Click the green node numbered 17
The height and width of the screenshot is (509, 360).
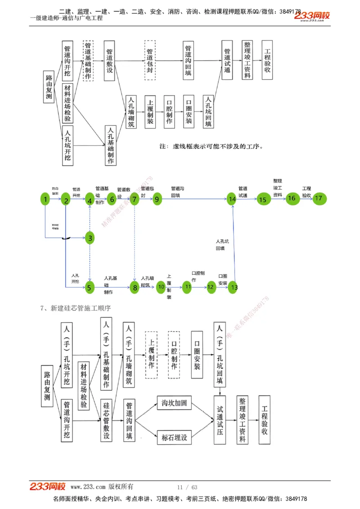click(319, 198)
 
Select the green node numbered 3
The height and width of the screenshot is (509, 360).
click(90, 238)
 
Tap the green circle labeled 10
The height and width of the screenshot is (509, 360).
click(161, 287)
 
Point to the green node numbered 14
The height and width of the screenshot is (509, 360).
click(232, 199)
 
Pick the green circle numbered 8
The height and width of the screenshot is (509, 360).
click(134, 288)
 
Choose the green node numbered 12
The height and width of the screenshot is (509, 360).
click(211, 287)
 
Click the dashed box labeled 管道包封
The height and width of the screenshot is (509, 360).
click(150, 60)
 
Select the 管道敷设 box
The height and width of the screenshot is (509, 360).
click(109, 60)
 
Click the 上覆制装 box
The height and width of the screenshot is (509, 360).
click(150, 112)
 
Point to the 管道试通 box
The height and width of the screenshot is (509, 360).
click(227, 60)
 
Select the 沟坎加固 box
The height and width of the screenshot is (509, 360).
click(174, 403)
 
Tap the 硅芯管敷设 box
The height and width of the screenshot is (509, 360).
click(107, 421)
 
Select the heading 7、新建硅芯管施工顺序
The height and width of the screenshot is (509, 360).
click(75, 308)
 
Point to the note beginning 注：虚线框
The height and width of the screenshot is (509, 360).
click(211, 147)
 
